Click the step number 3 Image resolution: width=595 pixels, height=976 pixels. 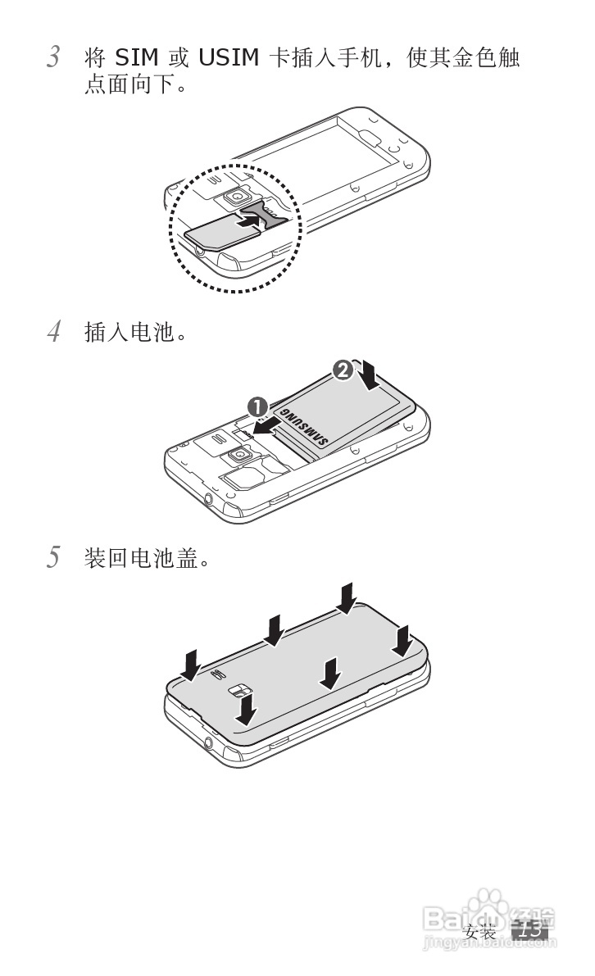click(x=53, y=57)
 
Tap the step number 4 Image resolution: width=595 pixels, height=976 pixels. click(x=53, y=333)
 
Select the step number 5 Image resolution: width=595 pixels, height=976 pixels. click(x=53, y=559)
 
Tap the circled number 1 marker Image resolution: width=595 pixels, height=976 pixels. click(x=257, y=406)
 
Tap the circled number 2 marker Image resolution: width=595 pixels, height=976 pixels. click(x=343, y=370)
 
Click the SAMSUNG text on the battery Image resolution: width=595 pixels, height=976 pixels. click(x=305, y=427)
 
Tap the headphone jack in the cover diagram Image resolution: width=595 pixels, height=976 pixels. click(x=210, y=742)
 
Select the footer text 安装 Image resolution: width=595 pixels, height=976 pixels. click(x=480, y=933)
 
